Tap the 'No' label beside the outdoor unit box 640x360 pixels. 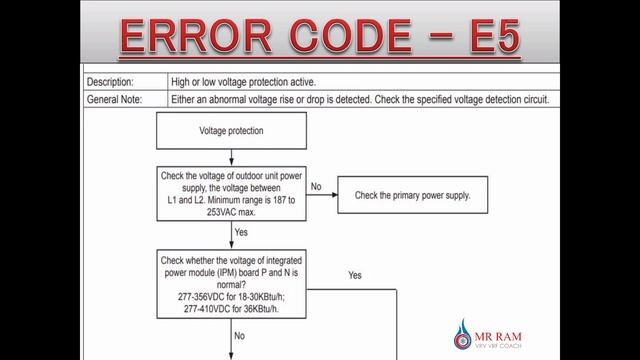point(315,186)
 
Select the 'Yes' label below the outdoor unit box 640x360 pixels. point(241,232)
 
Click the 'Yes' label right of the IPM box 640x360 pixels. point(354,274)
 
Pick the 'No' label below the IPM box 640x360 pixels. point(240,336)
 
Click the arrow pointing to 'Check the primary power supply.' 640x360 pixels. point(322,195)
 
